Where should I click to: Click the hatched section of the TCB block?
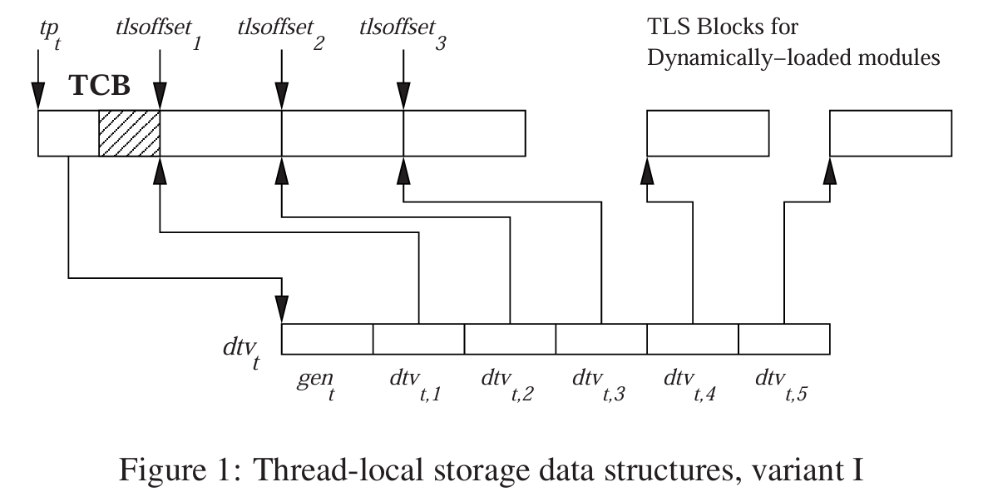tap(129, 132)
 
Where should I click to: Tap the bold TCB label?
tap(99, 87)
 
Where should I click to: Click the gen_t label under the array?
tap(318, 385)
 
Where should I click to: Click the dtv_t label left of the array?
tap(240, 350)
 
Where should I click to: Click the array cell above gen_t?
tap(327, 339)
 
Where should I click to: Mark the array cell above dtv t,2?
tap(510, 339)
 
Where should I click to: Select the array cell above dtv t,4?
tap(693, 339)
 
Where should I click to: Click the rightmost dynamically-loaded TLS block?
tap(891, 132)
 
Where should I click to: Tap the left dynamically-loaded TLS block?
tap(708, 132)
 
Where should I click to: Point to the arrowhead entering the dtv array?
tap(283, 311)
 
